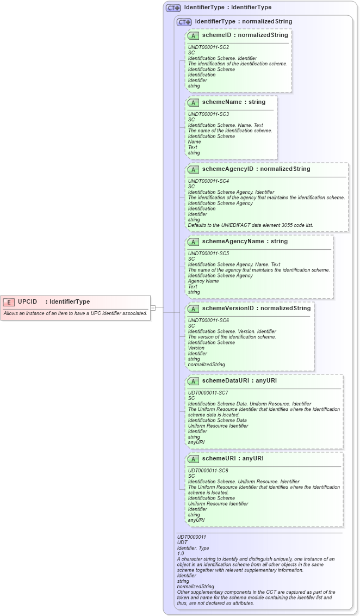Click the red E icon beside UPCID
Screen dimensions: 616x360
pyautogui.click(x=9, y=301)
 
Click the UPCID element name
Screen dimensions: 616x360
pyautogui.click(x=28, y=301)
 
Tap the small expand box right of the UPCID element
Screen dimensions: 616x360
pyautogui.click(x=153, y=308)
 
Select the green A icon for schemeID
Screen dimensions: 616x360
pyautogui.click(x=193, y=35)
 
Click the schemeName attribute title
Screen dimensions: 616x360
pyautogui.click(x=233, y=102)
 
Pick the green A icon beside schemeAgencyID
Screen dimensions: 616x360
pyautogui.click(x=193, y=169)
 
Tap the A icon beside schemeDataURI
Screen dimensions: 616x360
pyautogui.click(x=193, y=381)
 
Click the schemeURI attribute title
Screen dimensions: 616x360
pyautogui.click(x=232, y=458)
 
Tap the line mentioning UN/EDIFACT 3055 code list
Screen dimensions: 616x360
pyautogui.click(x=250, y=225)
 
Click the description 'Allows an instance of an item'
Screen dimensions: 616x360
pyautogui.click(x=75, y=313)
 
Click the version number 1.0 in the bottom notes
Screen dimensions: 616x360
pyautogui.click(x=181, y=553)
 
